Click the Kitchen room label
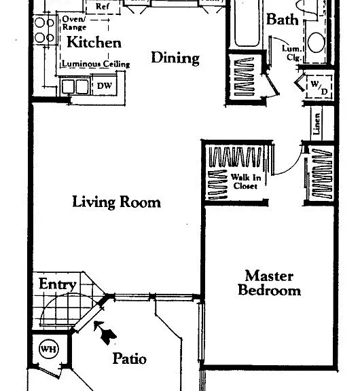tap(94, 42)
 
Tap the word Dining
tap(175, 58)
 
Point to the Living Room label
tap(117, 202)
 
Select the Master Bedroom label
tap(269, 283)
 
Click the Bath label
tap(283, 19)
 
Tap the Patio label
tap(130, 358)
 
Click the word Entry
tap(57, 284)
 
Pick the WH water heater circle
tap(49, 349)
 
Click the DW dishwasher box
tap(105, 86)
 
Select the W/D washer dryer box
tap(319, 88)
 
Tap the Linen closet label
tap(316, 124)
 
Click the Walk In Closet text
tap(246, 181)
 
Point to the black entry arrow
tap(105, 333)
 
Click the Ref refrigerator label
tap(103, 7)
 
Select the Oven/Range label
tap(74, 23)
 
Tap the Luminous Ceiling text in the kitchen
tap(96, 64)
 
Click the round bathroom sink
tap(317, 42)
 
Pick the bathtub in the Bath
tap(247, 23)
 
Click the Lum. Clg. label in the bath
tap(292, 53)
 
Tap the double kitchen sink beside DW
tap(75, 86)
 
